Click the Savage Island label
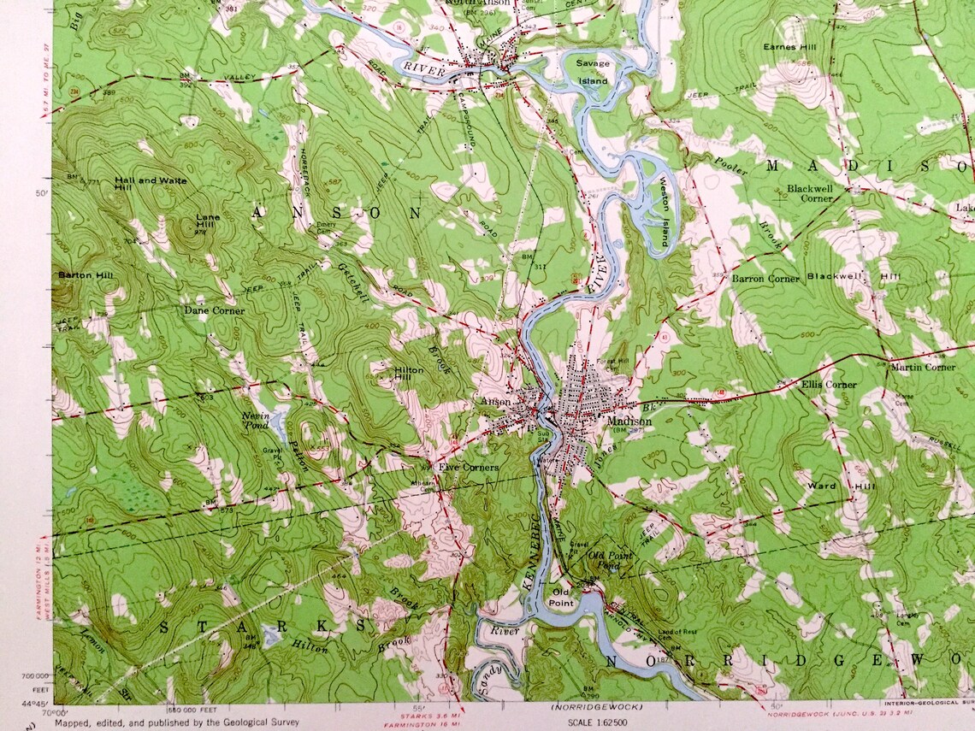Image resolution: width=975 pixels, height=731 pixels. [x=592, y=72]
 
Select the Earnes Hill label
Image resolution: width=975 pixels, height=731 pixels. [x=791, y=47]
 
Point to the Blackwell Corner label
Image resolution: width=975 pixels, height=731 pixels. [x=810, y=192]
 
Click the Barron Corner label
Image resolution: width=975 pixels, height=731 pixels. [x=765, y=279]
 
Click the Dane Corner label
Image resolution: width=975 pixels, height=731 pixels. [x=214, y=310]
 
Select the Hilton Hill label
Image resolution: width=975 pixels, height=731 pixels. [x=409, y=374]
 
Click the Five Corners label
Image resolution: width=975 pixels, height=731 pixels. [x=469, y=468]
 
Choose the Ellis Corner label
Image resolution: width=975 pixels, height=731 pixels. [x=829, y=385]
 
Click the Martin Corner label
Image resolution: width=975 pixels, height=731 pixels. [x=922, y=367]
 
